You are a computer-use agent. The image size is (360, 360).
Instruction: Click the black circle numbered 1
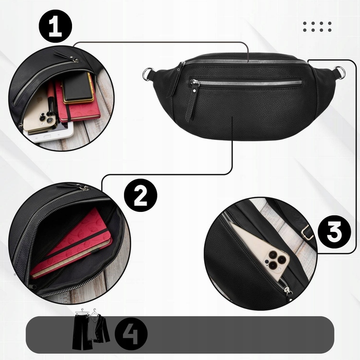pyautogui.click(x=56, y=26)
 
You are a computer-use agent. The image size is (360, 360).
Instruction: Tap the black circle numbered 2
pyautogui.click(x=140, y=195)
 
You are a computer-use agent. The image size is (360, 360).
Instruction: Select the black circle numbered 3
pyautogui.click(x=334, y=232)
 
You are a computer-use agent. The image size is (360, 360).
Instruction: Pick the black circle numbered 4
pyautogui.click(x=131, y=334)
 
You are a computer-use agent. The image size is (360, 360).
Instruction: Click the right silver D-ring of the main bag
pyautogui.click(x=340, y=72)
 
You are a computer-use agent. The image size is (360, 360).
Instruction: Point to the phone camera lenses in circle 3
pyautogui.click(x=276, y=260)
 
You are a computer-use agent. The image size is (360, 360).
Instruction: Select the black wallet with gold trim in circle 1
pyautogui.click(x=78, y=88)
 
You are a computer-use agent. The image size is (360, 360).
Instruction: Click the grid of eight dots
pyautogui.click(x=317, y=27)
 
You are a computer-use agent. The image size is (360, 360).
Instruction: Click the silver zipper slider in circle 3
pyautogui.click(x=288, y=292)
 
